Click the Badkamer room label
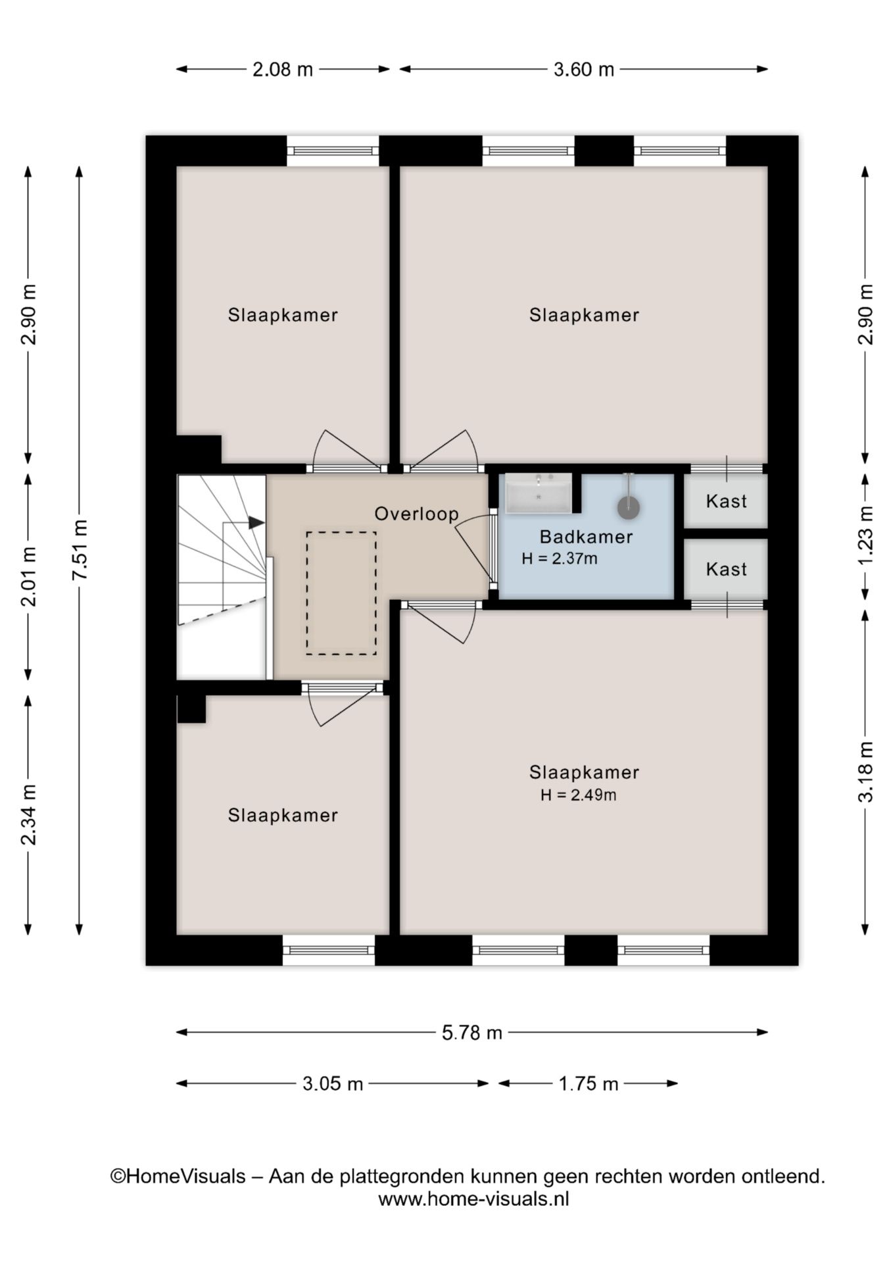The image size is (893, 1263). click(585, 537)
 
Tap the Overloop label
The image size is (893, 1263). click(416, 514)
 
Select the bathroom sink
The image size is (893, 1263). click(539, 493)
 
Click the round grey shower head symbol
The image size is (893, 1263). click(629, 507)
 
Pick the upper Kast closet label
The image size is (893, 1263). click(726, 501)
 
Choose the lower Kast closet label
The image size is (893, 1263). click(726, 569)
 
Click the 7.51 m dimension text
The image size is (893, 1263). click(80, 550)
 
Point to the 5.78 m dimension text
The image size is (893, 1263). click(471, 1033)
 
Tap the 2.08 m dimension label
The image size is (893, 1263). click(283, 69)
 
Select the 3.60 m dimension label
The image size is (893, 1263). click(583, 69)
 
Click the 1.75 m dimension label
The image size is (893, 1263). click(589, 1083)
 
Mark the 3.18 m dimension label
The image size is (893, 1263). click(866, 772)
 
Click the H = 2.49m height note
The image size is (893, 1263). click(578, 795)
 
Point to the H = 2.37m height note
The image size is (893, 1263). click(559, 559)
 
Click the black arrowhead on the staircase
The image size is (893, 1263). click(256, 523)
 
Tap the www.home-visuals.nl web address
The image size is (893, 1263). click(473, 1199)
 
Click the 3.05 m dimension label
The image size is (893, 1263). click(333, 1083)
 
